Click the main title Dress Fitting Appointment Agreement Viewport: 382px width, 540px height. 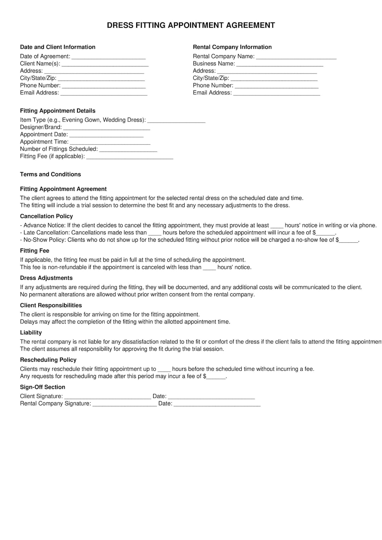tap(191, 25)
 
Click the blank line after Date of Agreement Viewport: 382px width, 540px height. tap(109, 57)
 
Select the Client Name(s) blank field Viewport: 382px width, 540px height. tap(105, 64)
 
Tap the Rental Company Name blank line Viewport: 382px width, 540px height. tap(296, 57)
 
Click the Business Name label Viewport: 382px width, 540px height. tap(214, 64)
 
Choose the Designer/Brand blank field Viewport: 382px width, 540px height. tap(106, 128)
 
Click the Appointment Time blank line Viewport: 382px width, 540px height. tap(110, 142)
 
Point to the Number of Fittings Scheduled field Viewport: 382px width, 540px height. tap(128, 150)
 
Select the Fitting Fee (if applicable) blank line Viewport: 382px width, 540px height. tap(130, 157)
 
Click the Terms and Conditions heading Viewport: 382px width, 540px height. tap(50, 174)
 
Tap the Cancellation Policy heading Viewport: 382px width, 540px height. tap(46, 216)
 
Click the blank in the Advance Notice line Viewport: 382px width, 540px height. tap(277, 226)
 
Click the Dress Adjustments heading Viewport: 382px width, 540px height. tap(46, 278)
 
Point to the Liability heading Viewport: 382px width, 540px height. tap(31, 333)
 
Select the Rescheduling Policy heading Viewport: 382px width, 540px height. tap(48, 360)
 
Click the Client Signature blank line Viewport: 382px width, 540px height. tap(108, 397)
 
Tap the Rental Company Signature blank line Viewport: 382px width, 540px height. tap(125, 404)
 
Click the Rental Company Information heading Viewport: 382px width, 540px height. tap(232, 47)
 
